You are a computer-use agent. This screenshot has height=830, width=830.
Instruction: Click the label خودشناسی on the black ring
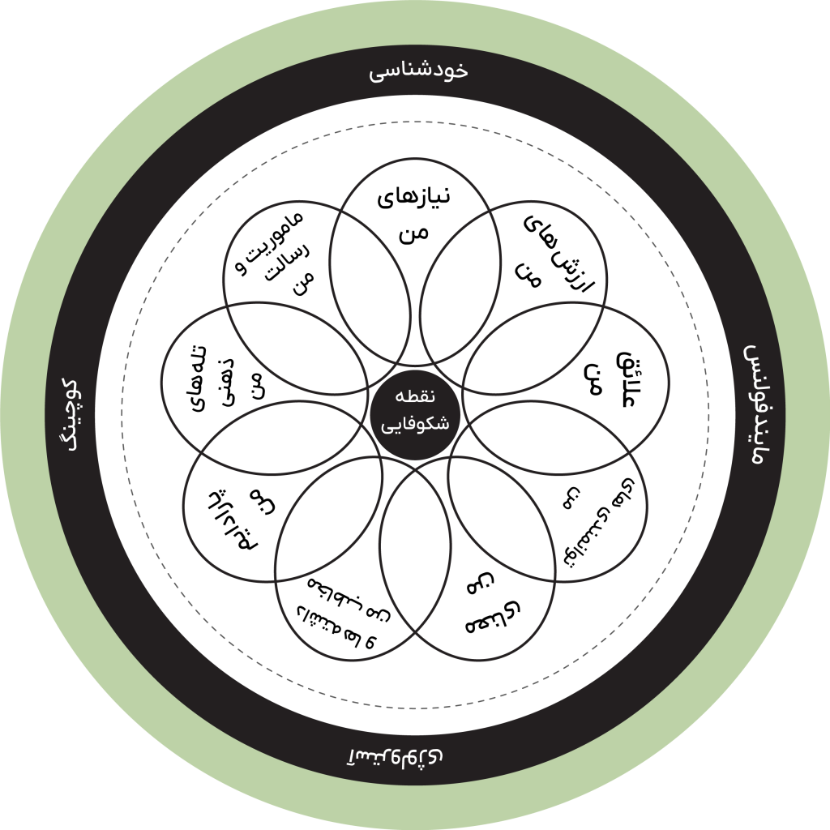[x=418, y=71]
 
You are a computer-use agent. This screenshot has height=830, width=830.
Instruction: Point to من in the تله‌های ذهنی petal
[x=257, y=381]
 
